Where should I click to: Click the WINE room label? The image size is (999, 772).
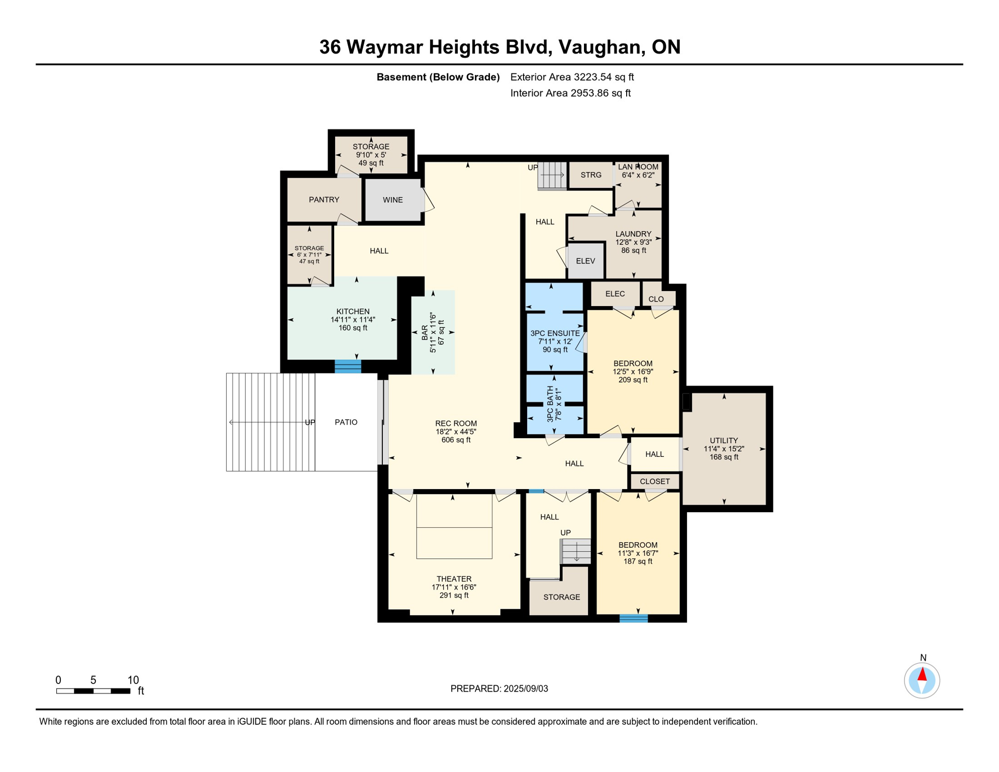click(392, 200)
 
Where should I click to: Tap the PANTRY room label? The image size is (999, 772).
click(324, 200)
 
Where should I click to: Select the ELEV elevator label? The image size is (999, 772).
click(585, 261)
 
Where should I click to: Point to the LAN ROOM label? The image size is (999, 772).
click(638, 167)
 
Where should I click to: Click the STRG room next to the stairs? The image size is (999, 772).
click(591, 175)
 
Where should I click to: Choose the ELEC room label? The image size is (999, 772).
click(615, 294)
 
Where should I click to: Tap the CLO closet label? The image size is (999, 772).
click(656, 299)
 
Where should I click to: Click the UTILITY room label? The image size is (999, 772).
click(724, 441)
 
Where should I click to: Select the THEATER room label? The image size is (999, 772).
click(454, 579)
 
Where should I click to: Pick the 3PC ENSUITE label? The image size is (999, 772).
click(555, 333)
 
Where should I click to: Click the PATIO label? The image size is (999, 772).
click(346, 422)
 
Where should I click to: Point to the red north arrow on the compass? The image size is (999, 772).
click(922, 674)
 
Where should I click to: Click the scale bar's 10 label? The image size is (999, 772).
click(133, 680)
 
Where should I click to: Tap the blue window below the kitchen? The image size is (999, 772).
click(348, 366)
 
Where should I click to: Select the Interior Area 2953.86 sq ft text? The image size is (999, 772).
click(570, 93)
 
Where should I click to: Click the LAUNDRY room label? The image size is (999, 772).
click(633, 234)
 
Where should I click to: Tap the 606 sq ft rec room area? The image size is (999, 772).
click(456, 440)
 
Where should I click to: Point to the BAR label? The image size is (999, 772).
click(425, 333)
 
